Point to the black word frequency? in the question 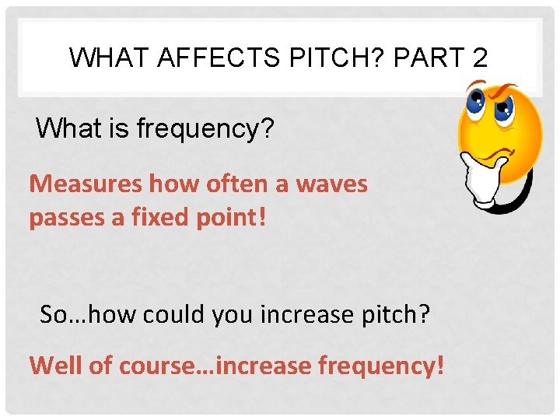(205, 128)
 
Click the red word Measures (86, 184)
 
